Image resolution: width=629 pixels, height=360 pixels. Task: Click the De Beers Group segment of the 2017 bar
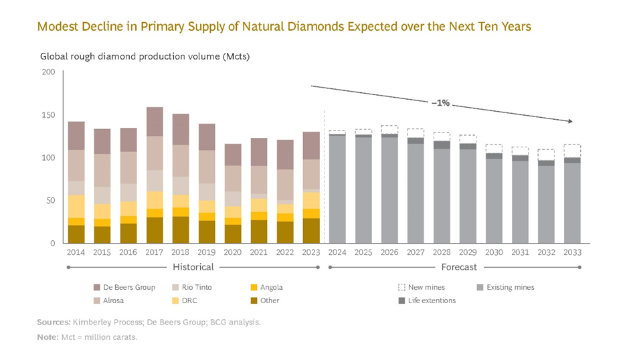click(155, 121)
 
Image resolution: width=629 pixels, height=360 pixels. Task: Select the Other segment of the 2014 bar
click(76, 234)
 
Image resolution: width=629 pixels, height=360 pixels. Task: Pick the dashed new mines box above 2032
click(546, 155)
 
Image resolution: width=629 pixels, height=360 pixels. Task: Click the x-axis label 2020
click(233, 252)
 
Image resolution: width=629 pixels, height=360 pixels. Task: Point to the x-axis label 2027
click(416, 252)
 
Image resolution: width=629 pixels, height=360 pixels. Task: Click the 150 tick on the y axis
click(49, 115)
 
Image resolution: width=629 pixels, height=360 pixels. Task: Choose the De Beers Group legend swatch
click(98, 287)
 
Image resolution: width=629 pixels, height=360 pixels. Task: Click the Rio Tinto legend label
click(197, 287)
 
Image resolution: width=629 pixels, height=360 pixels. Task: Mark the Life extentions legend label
click(432, 300)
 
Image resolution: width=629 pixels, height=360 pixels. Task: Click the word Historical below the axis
click(194, 267)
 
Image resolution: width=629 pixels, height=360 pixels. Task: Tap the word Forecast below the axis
click(458, 267)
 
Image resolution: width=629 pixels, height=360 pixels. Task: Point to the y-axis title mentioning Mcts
click(145, 56)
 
